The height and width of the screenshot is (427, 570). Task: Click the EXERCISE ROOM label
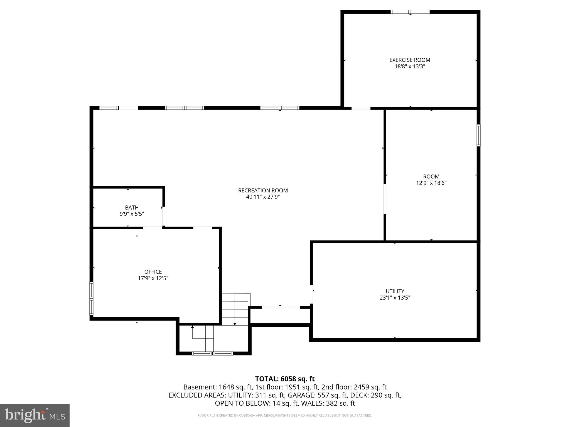pos(410,60)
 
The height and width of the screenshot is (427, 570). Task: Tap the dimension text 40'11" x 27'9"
pos(263,197)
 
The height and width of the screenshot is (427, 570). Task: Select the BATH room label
pos(132,207)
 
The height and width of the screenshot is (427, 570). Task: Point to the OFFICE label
pos(153,272)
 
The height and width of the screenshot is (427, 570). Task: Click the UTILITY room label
pos(395,291)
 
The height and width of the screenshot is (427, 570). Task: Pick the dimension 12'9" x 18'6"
pos(431,183)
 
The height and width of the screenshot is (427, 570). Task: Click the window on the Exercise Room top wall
pos(410,12)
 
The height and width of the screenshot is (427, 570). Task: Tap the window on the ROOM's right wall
pos(478,135)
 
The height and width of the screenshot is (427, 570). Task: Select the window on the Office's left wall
pos(91,299)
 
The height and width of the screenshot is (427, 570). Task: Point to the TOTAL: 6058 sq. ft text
pos(285,379)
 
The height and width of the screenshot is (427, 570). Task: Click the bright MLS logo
pos(35,415)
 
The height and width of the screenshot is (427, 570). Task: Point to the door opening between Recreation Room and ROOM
pos(385,199)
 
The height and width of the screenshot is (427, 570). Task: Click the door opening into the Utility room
pos(312,294)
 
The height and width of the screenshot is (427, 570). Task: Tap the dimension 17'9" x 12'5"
pos(153,278)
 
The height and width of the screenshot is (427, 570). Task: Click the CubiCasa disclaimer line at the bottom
pos(285,415)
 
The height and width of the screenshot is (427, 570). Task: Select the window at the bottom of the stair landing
pos(212,353)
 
